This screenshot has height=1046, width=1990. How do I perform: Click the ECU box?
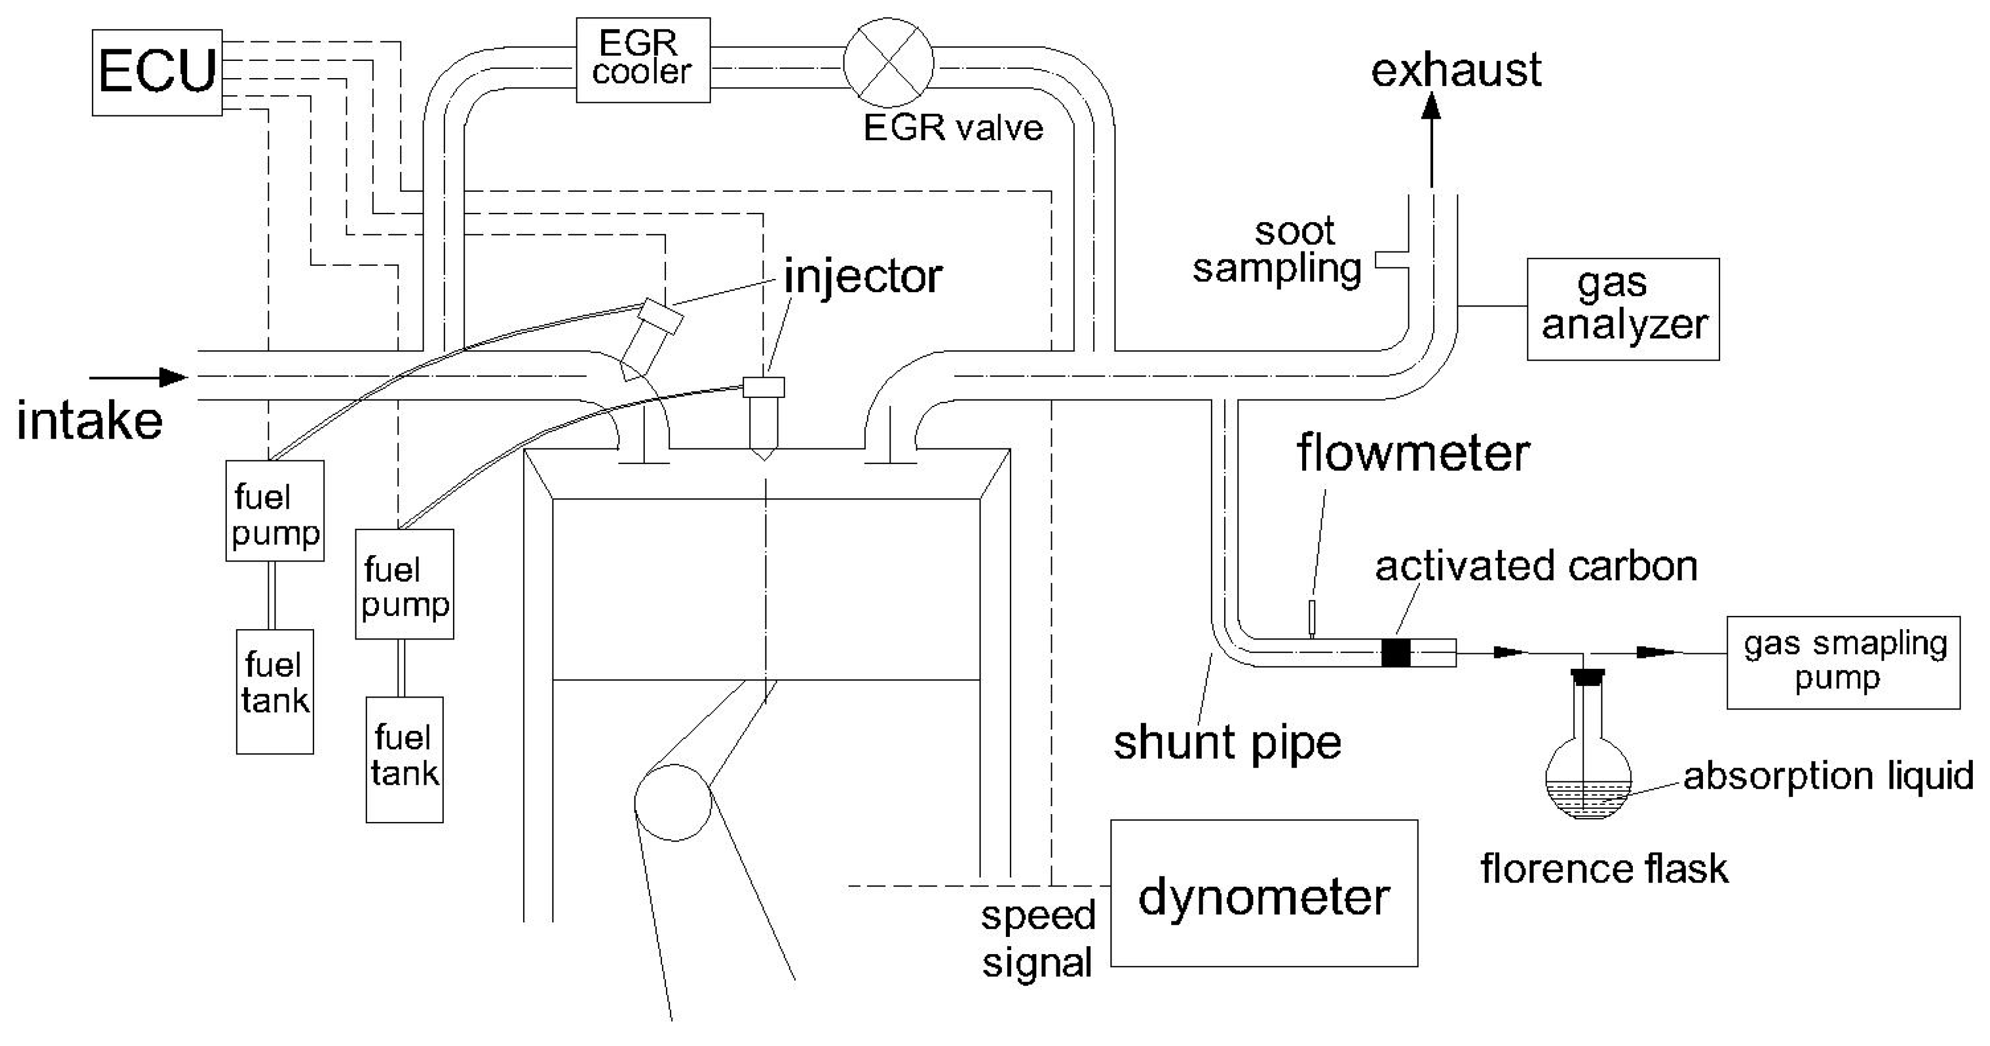pos(157,72)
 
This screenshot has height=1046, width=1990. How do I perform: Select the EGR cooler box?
pos(642,60)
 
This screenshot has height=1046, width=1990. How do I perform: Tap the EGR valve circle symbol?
pos(888,63)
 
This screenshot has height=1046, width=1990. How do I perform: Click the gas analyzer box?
pos(1623,309)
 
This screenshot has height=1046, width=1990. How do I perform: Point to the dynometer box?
pos(1264,893)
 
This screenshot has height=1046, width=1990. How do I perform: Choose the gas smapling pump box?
pos(1843,662)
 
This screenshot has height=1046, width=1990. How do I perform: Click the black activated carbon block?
pos(1395,653)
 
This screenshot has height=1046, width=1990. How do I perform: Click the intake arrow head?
pos(174,378)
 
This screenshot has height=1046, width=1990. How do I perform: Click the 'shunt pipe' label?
pos(1227,742)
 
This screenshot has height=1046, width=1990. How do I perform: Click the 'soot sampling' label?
pos(1277,250)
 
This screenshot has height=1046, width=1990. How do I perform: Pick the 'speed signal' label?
pos(1037,939)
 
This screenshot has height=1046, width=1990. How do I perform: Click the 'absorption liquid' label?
pos(1828,776)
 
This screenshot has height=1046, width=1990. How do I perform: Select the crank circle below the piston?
pos(673,803)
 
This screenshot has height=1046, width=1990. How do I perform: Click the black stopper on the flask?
pos(1588,677)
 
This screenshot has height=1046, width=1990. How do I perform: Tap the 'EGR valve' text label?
pos(953,127)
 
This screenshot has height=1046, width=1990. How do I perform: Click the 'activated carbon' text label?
pos(1536,566)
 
